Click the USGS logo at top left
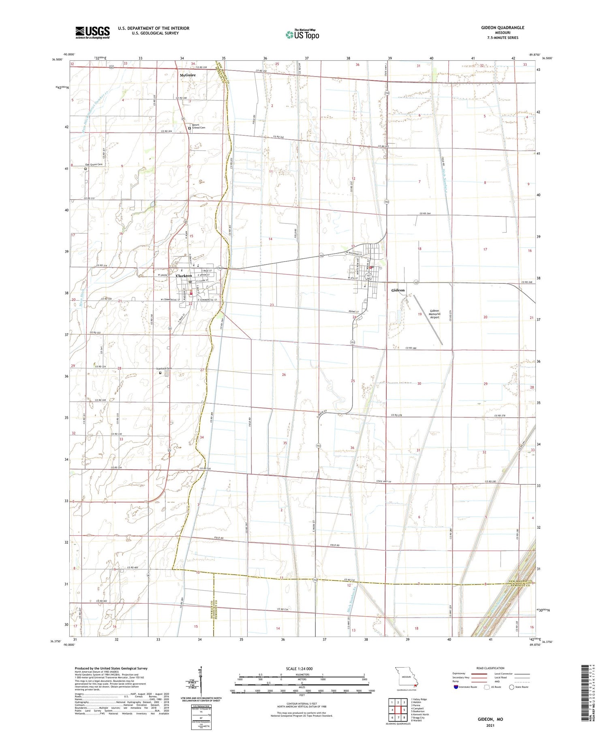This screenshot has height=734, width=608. coord(92,32)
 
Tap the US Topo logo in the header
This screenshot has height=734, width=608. coord(302,35)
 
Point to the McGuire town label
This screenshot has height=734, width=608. coord(188,75)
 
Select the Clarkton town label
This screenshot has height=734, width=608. coord(184,276)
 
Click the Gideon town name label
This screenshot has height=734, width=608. coord(398,290)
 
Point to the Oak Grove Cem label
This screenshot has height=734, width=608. coord(94,164)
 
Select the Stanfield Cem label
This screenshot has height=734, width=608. coord(164,368)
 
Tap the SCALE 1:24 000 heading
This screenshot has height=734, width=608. coord(299,668)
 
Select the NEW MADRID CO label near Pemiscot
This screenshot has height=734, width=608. coord(522,581)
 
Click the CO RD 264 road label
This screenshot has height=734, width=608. coord(425,213)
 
